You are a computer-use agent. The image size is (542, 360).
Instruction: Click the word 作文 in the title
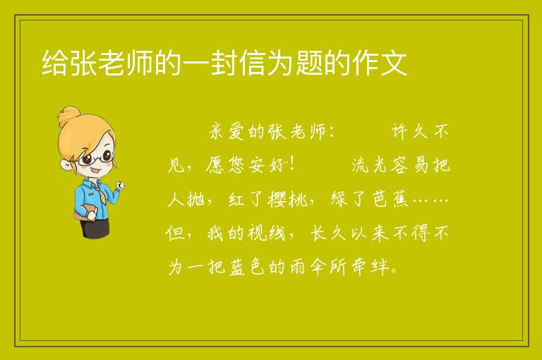(380, 63)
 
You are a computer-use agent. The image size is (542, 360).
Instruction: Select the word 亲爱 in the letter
(227, 131)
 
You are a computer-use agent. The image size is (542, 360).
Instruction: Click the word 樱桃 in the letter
(287, 199)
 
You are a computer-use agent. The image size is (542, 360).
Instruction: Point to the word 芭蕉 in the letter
(390, 199)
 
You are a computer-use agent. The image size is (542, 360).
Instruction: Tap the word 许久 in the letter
(409, 131)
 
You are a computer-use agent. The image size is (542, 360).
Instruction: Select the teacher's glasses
(96, 158)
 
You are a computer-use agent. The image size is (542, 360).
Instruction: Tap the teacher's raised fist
(119, 186)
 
